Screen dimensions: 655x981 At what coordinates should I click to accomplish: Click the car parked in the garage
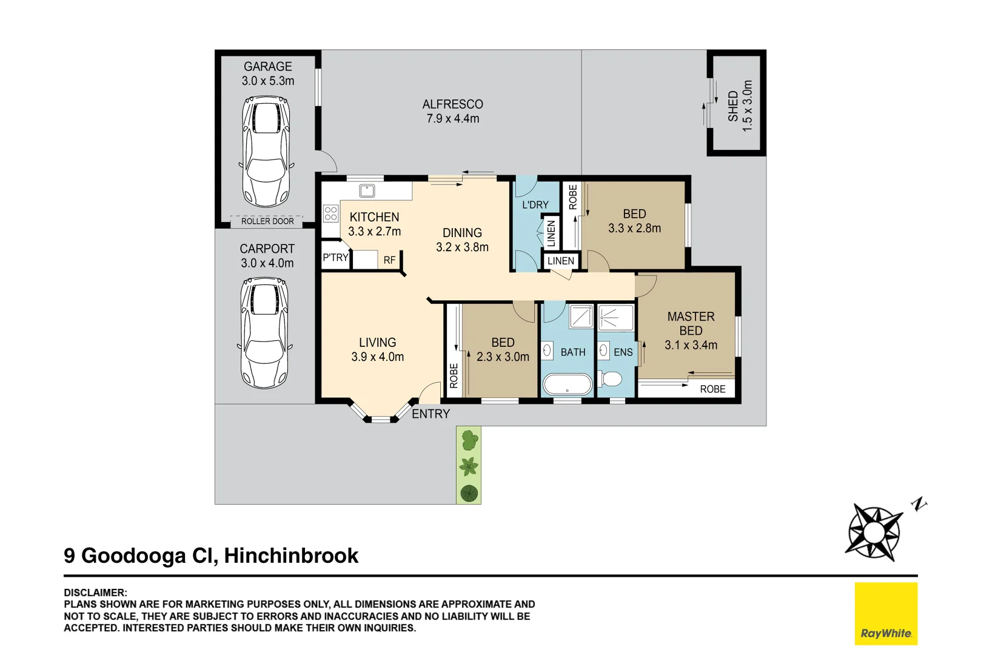pos(266,152)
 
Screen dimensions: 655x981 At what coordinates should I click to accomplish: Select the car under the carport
pos(264,333)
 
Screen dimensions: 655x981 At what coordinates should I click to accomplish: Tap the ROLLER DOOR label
pos(267,221)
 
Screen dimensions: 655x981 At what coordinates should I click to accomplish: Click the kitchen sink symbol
pos(367,190)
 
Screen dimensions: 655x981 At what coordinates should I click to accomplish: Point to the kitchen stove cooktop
pos(330,213)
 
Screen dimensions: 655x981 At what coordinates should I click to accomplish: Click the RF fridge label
pos(389,260)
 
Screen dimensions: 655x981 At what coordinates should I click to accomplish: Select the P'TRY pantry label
pos(335,258)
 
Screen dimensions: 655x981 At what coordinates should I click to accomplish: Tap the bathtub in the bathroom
pos(568,384)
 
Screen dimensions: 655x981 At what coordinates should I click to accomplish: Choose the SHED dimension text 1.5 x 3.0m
pos(748,106)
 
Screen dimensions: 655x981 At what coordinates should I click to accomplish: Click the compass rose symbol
pos(874,532)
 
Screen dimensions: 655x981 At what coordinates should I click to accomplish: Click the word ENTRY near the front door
pos(430,414)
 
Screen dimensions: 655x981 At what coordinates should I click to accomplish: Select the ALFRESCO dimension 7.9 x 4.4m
pos(452,119)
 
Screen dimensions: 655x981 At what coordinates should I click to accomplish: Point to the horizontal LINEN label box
pos(560,261)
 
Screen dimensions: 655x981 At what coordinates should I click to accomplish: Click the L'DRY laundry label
pos(535,205)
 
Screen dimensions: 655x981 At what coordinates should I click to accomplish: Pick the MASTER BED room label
pos(691,323)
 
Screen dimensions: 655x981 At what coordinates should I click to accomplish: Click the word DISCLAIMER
pos(95,593)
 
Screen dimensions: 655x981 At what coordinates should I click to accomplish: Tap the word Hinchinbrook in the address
pos(291,556)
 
